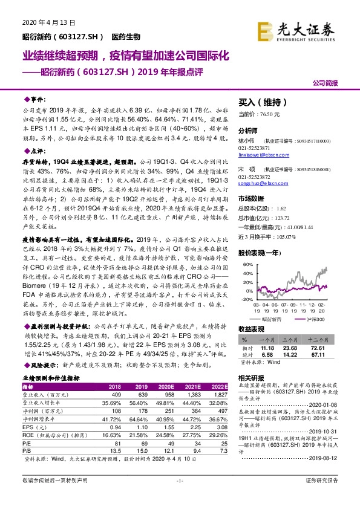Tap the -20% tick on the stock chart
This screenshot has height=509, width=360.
click(247, 299)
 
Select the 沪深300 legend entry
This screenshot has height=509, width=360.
click(318, 318)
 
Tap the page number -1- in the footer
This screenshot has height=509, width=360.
click(180, 497)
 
